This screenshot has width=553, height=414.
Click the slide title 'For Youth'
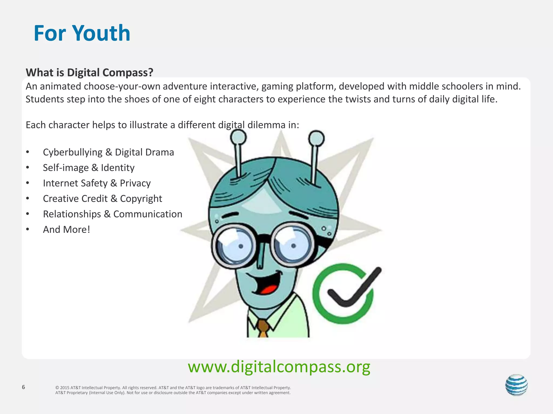tap(82, 33)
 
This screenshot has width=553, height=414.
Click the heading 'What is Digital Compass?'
tap(89, 73)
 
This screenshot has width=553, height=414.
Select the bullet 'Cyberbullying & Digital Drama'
tap(108, 152)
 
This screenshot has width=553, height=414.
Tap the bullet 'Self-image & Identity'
tap(89, 168)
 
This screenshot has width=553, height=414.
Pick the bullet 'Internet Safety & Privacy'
tap(97, 183)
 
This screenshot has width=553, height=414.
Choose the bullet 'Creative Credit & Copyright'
tap(102, 199)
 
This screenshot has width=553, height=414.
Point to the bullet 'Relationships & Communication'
tap(113, 214)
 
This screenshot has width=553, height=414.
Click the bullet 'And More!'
tap(66, 230)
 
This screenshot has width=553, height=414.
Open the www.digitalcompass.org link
tap(279, 367)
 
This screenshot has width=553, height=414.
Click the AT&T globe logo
tap(516, 385)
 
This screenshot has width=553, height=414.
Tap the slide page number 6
tap(23, 387)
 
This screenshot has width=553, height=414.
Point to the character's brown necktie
tap(263, 328)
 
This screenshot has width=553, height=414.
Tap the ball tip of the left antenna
tap(238, 137)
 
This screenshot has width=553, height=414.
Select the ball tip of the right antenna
tap(316, 138)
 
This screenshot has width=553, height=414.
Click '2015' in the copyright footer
tap(65, 388)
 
